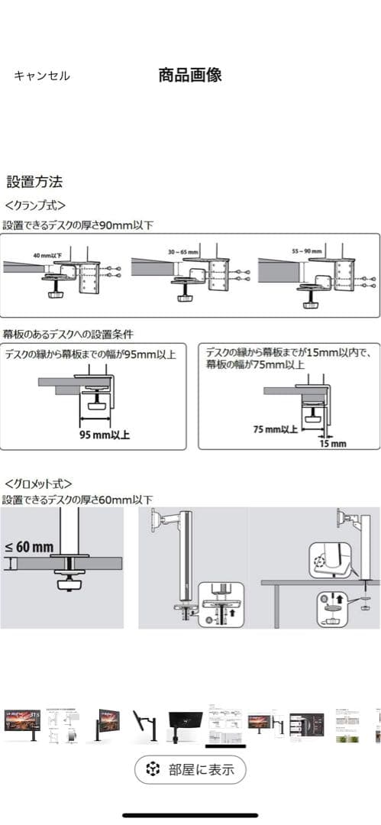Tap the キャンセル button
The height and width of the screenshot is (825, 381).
point(42,76)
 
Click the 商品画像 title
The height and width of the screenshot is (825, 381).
point(190,75)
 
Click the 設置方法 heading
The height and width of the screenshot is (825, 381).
point(34,182)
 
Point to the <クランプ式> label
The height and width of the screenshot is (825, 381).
point(35,205)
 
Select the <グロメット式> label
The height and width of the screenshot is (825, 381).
point(38,484)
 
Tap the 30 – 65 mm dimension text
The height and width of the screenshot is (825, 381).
point(183,251)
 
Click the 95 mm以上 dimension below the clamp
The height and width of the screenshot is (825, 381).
point(105,435)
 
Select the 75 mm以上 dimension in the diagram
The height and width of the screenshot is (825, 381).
point(276,429)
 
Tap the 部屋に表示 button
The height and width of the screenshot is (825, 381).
point(190,769)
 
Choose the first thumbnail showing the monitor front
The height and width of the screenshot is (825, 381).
point(22,721)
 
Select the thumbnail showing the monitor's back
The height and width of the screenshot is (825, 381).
point(183,722)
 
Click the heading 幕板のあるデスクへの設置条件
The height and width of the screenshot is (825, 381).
point(68,334)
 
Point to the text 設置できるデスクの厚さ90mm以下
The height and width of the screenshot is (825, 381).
point(78,225)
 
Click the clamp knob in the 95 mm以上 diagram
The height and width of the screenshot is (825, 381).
point(97,406)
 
